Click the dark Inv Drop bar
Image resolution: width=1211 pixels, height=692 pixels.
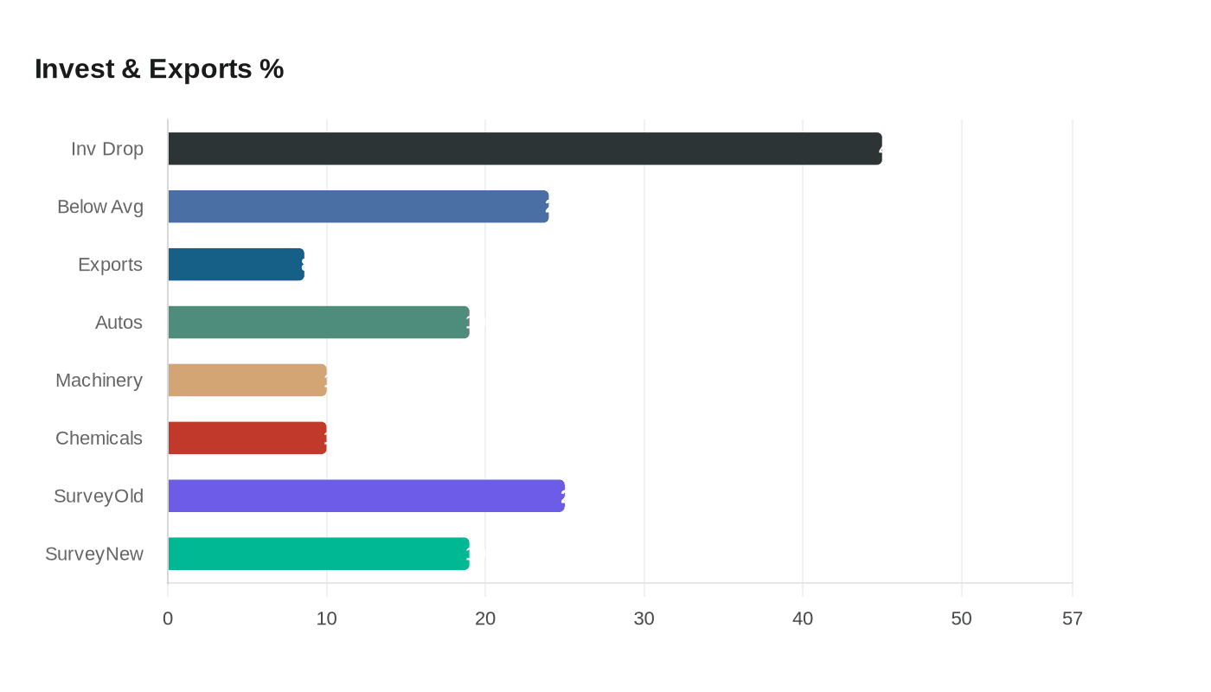coord(524,149)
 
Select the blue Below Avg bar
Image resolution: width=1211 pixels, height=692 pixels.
coord(358,207)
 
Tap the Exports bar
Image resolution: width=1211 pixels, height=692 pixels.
coord(236,265)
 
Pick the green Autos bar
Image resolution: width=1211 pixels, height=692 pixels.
coord(318,323)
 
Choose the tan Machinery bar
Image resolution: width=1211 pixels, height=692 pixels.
coord(247,381)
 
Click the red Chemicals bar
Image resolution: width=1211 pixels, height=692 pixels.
coord(247,438)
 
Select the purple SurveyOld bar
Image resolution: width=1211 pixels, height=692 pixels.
coord(366,496)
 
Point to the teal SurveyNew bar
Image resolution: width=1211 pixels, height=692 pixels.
coord(318,554)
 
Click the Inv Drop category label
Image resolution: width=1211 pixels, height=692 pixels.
coord(107,149)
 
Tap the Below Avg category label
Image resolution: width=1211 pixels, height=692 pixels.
coord(100,207)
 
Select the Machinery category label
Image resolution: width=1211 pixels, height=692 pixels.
coord(99,381)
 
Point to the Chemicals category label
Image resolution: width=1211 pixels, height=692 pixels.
coord(99,438)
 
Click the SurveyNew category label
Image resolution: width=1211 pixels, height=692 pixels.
coord(94,554)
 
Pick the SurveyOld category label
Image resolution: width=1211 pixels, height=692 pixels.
coord(99,496)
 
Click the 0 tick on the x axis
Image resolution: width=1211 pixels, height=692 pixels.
coord(168,619)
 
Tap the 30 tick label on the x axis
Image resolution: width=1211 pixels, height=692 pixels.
coord(644,619)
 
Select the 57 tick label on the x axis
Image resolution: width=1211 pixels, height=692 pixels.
coord(1073,619)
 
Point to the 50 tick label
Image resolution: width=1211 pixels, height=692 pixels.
coord(961,619)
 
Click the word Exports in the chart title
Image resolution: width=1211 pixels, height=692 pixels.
coord(200,69)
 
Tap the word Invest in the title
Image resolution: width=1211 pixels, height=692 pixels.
coord(74,69)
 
